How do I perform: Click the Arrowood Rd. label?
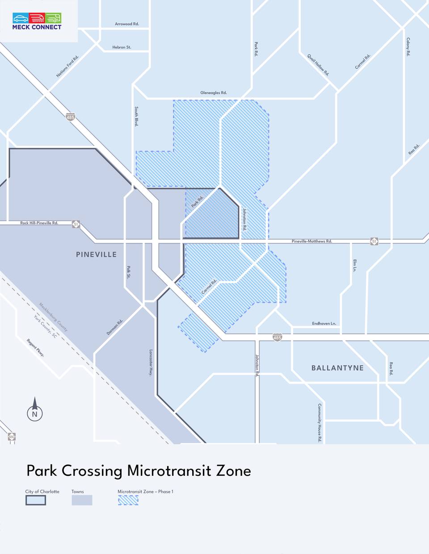click(x=127, y=24)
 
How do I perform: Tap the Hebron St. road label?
click(x=122, y=47)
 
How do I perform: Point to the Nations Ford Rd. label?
click(x=67, y=67)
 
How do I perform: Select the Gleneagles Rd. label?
click(x=214, y=93)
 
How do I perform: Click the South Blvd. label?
click(x=136, y=117)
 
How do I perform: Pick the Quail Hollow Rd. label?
click(x=318, y=65)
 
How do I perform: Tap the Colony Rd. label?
click(x=408, y=47)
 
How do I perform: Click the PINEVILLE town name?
click(x=96, y=254)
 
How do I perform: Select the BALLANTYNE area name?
click(x=337, y=368)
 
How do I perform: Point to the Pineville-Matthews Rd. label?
click(x=312, y=242)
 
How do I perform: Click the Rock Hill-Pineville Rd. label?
click(x=39, y=223)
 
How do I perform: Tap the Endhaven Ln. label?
click(x=324, y=324)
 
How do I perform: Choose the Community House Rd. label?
click(x=320, y=423)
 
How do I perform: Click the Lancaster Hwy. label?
click(x=151, y=362)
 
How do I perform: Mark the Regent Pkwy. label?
click(x=35, y=348)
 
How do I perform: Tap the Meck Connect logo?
click(x=37, y=21)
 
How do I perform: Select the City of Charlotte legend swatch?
click(x=36, y=500)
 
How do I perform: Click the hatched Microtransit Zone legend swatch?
click(x=128, y=500)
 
